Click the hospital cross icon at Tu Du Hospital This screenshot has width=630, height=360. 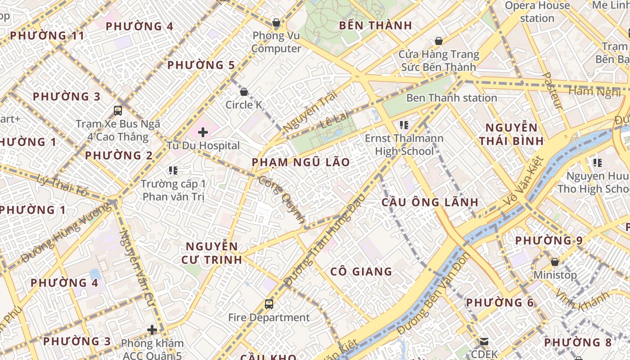point(203,132)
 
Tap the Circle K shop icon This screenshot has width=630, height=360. point(244,92)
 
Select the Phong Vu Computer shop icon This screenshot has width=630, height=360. point(276,22)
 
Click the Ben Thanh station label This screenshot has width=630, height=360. point(451,98)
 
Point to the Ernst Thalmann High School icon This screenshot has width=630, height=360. point(404,125)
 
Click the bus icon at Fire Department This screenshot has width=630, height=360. point(269,304)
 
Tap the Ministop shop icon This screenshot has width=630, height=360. point(555,262)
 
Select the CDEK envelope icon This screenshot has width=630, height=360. point(484,342)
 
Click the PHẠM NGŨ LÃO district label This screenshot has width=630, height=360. point(301,162)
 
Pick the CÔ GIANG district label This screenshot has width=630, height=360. point(361,271)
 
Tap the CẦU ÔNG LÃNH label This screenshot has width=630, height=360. point(430,202)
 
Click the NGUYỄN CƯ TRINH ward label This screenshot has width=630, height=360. point(212,253)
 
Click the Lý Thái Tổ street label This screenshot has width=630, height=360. point(63,185)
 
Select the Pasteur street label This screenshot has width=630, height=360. point(553,90)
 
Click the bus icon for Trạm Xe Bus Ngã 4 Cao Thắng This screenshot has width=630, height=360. point(118,110)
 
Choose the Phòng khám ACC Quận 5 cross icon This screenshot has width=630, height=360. point(152,330)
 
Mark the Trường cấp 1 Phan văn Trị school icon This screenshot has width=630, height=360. point(173,170)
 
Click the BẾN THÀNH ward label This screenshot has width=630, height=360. point(375,26)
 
